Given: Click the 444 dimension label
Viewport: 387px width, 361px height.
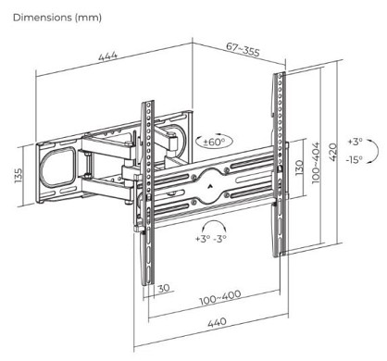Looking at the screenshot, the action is coord(108,56).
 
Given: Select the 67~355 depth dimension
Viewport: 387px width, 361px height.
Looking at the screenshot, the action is coord(243,49).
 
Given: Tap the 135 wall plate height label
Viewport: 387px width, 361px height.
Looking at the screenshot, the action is coord(19,175).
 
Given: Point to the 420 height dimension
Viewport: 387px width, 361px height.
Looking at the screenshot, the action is coord(333,152).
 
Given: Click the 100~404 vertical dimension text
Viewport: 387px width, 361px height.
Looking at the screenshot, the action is coord(317,163).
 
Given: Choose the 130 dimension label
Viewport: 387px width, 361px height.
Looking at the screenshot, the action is coord(299,168).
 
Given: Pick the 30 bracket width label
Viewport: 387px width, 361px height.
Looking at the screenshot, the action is coord(164,288).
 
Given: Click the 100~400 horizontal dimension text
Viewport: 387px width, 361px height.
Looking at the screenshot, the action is coord(220,298).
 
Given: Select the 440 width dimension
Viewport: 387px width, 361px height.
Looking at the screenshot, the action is coord(217,323).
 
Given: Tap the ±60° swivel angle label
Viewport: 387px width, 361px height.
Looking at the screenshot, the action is coord(214,143).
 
